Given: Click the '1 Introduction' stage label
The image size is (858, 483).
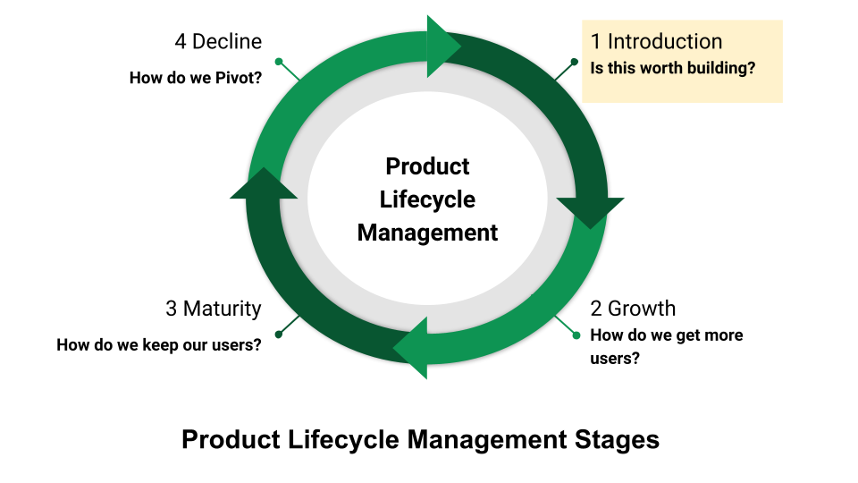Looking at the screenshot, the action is [656, 42].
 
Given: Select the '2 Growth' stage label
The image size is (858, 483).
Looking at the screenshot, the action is [633, 309].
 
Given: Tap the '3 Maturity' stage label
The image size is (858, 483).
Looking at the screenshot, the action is [214, 309].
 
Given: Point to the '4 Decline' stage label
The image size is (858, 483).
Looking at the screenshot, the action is [218, 42].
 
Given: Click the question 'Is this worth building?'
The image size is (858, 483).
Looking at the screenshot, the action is [672, 68].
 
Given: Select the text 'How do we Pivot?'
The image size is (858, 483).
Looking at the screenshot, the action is [196, 78].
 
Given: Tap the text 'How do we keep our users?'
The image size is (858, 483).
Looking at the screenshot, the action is [159, 345].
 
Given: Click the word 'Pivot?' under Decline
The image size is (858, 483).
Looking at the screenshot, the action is [239, 78].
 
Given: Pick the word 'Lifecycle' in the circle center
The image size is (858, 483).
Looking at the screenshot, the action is [427, 199].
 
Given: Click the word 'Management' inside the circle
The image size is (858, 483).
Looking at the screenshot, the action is [427, 233].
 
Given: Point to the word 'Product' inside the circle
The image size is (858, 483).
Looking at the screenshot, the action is [427, 166].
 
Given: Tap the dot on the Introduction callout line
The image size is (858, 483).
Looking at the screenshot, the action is [574, 62].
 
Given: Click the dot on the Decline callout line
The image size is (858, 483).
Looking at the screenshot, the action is [279, 62].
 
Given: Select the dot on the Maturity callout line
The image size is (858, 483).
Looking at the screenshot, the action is [279, 335].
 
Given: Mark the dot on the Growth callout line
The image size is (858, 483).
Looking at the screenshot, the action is [576, 335].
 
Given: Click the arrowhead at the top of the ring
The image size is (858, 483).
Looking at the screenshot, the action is [442, 47].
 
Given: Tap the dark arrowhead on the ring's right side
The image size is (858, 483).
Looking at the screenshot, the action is [591, 211].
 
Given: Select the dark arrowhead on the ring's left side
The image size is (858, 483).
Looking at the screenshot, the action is [264, 184].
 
